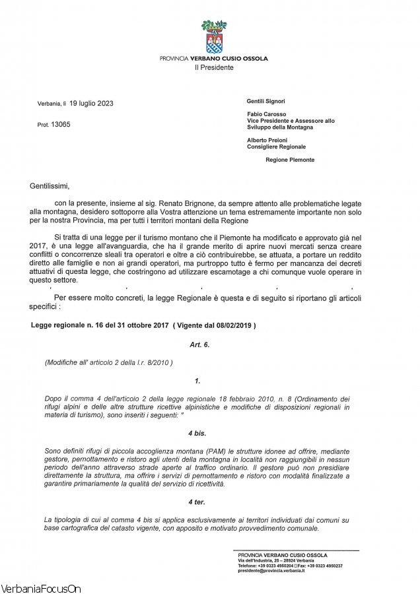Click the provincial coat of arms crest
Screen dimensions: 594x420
click(x=213, y=37)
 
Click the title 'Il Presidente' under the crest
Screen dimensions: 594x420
click(x=213, y=67)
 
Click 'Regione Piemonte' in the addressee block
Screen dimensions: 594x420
click(x=290, y=160)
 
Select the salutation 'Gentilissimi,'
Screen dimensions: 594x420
click(x=49, y=186)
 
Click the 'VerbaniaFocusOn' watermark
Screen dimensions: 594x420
click(x=41, y=587)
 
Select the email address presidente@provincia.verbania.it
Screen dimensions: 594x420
click(x=271, y=570)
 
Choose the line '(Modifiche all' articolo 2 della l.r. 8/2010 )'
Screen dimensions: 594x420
click(x=108, y=362)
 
